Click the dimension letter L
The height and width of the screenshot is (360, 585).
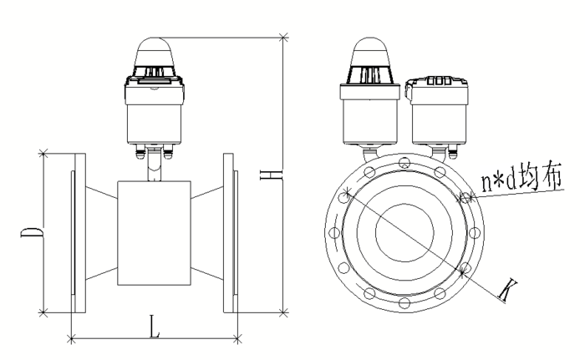(155, 327)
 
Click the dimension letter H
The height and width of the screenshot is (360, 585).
(271, 175)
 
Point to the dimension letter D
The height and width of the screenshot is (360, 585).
(32, 232)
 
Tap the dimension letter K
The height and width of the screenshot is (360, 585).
(508, 291)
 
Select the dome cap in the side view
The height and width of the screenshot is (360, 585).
(155, 53)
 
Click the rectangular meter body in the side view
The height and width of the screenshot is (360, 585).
(154, 233)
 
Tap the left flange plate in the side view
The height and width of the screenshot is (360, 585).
(80, 233)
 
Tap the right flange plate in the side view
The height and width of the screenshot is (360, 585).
(228, 233)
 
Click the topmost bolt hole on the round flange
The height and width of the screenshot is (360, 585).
(404, 163)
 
